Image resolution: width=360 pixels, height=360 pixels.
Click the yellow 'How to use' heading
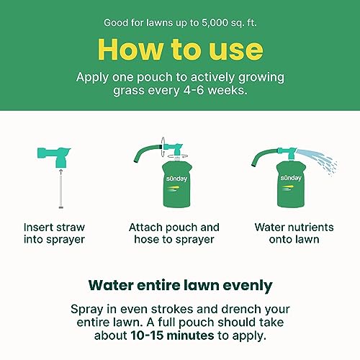tap(180, 50)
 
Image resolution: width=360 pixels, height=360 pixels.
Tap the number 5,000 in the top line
tap(215, 23)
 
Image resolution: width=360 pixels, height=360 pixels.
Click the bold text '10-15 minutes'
tap(172, 336)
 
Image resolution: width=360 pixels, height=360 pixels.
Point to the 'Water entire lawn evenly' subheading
tap(180, 286)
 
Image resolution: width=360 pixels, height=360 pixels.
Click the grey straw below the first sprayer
tap(61, 192)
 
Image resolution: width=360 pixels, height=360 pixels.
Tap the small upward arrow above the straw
tap(61, 171)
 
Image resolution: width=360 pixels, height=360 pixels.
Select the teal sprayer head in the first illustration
tap(55, 156)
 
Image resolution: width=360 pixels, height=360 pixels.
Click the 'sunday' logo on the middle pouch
tap(176, 179)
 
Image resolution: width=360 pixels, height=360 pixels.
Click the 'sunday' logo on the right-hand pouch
tap(291, 178)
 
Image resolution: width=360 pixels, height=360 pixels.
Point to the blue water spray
tap(317, 161)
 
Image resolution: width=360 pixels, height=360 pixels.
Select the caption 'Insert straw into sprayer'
tap(54, 233)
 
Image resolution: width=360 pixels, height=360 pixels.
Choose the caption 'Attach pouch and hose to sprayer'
tap(174, 233)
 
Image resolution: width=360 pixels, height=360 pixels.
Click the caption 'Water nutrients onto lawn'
tap(294, 233)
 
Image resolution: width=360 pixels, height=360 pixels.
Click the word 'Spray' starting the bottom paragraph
tap(87, 310)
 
